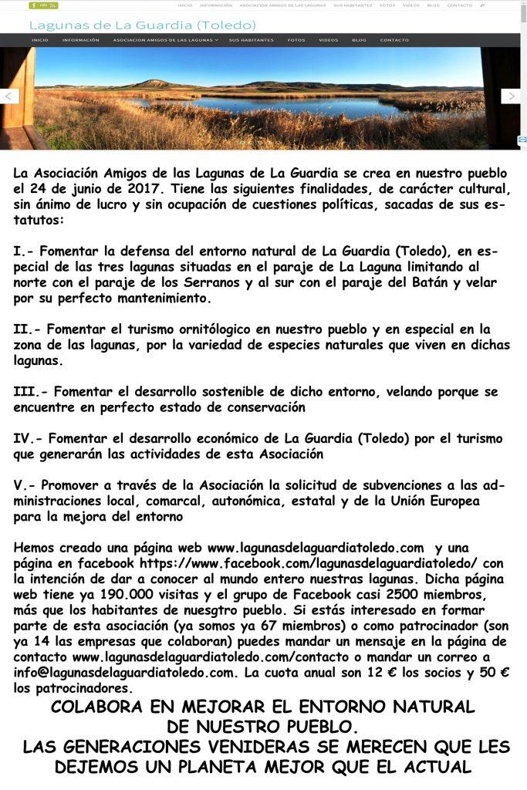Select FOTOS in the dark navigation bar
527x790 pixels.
point(296,40)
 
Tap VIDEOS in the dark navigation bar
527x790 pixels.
point(328,40)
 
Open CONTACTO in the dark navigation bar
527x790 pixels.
point(394,40)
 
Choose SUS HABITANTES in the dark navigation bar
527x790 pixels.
point(251,40)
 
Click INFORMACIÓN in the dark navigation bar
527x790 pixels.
point(80,40)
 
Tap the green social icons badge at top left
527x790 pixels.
point(44,5)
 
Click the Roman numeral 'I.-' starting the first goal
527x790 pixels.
point(22,252)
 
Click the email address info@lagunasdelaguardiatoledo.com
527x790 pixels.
point(123,672)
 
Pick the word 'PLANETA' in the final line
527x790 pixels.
point(266,767)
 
